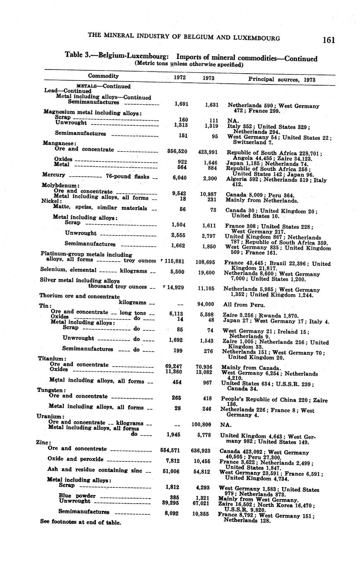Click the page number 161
pos(329,40)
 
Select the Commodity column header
pos(103,76)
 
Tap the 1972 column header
pos(180,77)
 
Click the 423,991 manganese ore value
pos(208,152)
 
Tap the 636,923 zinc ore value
pos(203,450)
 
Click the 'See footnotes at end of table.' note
pos(80,522)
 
